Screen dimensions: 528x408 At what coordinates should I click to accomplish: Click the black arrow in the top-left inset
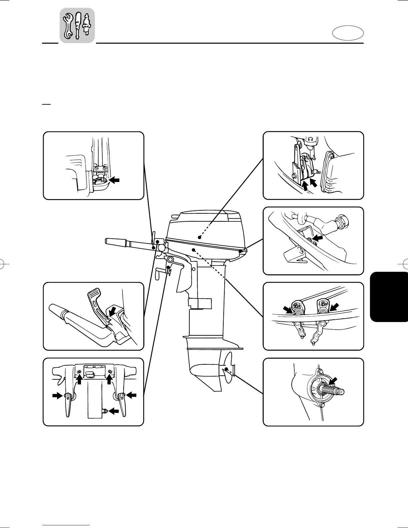coord(114,180)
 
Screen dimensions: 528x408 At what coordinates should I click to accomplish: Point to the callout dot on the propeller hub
coord(226,369)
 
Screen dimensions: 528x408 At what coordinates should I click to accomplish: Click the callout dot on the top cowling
coord(199,237)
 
